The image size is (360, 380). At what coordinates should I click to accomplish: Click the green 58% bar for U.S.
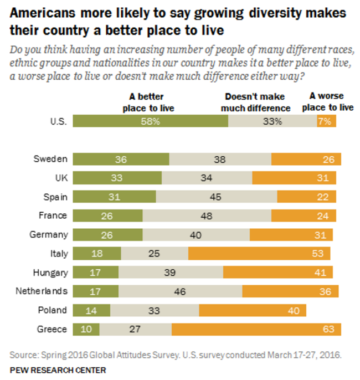click(x=150, y=121)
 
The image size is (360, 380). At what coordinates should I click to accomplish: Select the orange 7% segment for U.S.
click(x=326, y=121)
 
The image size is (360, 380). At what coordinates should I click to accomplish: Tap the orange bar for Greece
click(x=256, y=329)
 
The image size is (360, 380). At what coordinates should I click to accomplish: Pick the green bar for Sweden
click(x=121, y=159)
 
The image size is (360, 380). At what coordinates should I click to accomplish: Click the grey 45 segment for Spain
click(x=217, y=197)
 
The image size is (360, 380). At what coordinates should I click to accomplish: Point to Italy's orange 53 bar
click(x=259, y=253)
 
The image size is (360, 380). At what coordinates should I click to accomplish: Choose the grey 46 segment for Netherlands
click(x=181, y=291)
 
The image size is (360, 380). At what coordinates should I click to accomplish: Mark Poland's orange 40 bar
click(x=253, y=310)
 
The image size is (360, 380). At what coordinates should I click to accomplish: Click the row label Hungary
click(x=50, y=273)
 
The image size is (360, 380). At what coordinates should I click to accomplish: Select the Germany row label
click(x=49, y=234)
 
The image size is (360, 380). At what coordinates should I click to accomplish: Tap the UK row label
click(x=60, y=178)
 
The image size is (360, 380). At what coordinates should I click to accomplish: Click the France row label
click(x=53, y=215)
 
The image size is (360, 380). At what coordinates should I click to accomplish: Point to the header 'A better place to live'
click(x=148, y=102)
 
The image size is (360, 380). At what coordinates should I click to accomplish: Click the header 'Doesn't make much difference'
click(x=255, y=102)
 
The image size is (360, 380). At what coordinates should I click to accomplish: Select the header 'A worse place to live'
click(x=331, y=102)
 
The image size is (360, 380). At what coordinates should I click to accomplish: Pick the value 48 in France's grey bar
click(x=207, y=215)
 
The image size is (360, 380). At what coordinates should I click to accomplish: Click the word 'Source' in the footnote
click(x=23, y=354)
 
